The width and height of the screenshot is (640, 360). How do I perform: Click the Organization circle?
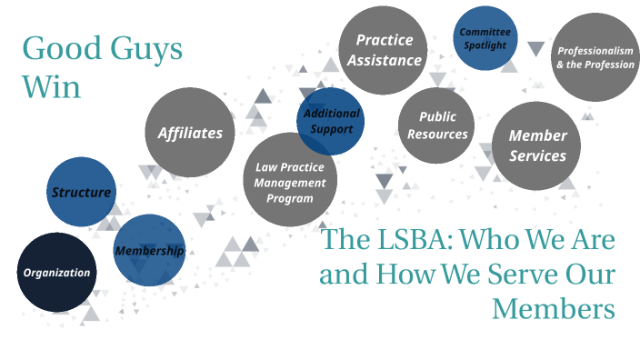click(x=56, y=272)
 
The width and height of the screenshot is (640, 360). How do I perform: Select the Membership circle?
click(x=149, y=250)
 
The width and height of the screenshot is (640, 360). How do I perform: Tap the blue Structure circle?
click(x=82, y=192)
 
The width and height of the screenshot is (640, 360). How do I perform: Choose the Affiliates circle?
click(x=190, y=133)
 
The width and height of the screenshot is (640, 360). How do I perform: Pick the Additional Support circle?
click(x=331, y=121)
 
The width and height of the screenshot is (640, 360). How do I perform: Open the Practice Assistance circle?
click(x=385, y=50)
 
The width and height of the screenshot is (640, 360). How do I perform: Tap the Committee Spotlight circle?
click(x=484, y=38)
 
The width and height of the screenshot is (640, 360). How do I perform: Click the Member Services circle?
click(x=536, y=145)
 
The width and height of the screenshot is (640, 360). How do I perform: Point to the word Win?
click(x=51, y=87)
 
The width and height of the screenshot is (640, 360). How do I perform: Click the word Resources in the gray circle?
click(x=437, y=135)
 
